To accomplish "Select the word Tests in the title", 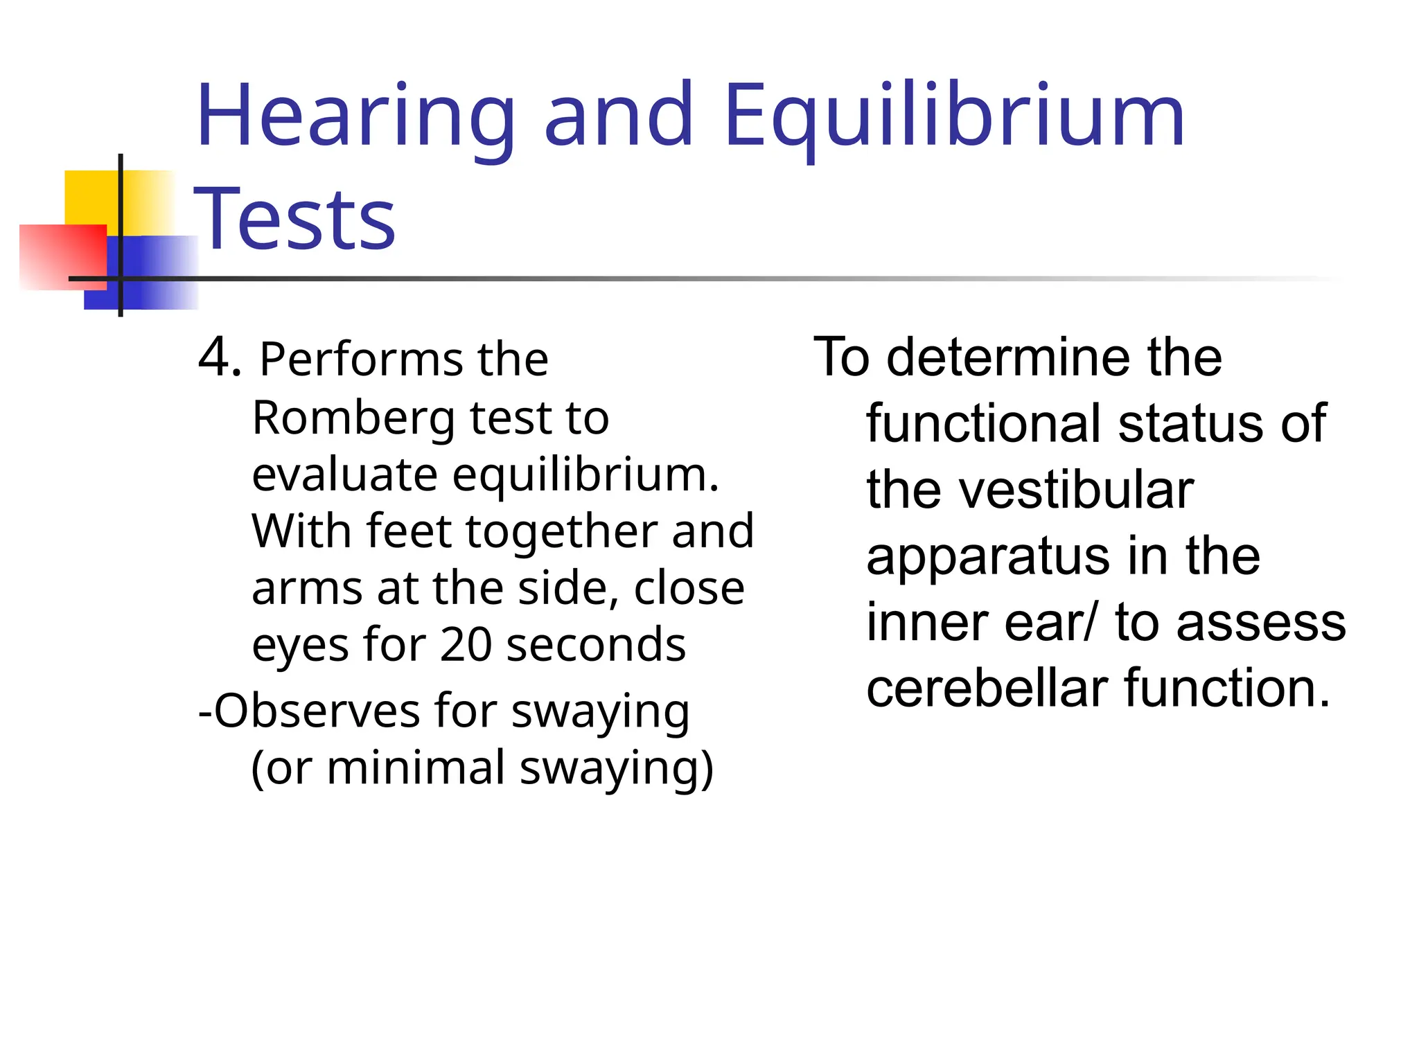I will pyautogui.click(x=294, y=220).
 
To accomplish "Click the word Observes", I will pyautogui.click(x=316, y=711).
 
